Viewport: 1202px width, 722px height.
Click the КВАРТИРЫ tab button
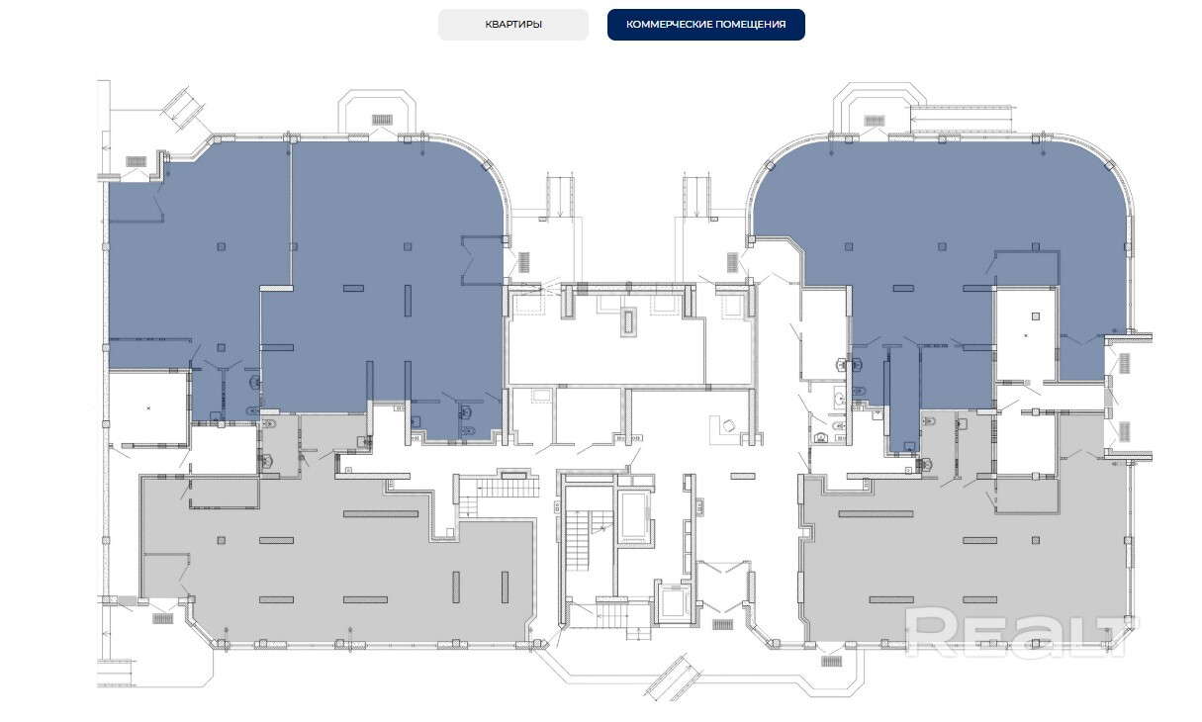point(513,25)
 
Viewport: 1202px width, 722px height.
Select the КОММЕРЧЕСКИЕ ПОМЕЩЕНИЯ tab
point(705,25)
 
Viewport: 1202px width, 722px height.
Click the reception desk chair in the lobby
point(728,426)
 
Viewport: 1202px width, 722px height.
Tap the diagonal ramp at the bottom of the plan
point(678,677)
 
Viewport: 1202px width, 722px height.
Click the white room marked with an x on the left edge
point(148,407)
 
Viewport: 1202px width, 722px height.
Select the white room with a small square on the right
point(1026,333)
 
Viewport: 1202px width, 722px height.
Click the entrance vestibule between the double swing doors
point(723,587)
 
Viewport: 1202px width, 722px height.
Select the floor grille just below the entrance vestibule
point(722,624)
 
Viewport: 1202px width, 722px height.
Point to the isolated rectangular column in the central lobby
point(743,476)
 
